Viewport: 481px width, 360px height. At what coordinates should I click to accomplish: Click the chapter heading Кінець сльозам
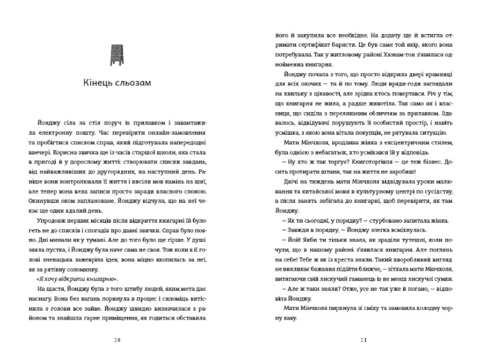pyautogui.click(x=117, y=82)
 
